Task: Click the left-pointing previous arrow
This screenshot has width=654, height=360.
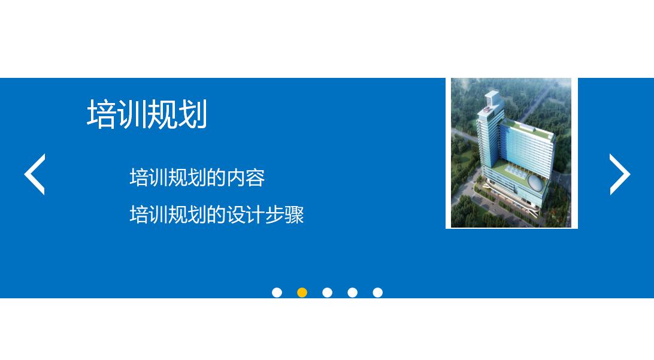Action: pyautogui.click(x=35, y=174)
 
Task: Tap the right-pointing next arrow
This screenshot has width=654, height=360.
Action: pyautogui.click(x=619, y=174)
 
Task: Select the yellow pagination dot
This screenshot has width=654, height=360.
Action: pyautogui.click(x=302, y=292)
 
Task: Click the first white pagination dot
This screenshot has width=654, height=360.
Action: pyautogui.click(x=277, y=292)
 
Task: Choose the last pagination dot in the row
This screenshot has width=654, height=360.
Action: pyautogui.click(x=377, y=292)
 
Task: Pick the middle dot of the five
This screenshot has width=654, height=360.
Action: pyautogui.click(x=327, y=292)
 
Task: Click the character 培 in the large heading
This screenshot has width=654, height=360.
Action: pyautogui.click(x=102, y=114)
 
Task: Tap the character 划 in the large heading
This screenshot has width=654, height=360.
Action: pyautogui.click(x=193, y=114)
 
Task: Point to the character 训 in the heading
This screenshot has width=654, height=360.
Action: pyautogui.click(x=132, y=114)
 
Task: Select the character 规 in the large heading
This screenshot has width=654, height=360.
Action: pyautogui.click(x=162, y=114)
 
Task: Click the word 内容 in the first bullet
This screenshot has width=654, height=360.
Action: pyautogui.click(x=245, y=178)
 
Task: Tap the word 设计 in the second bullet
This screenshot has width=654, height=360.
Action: pyautogui.click(x=245, y=214)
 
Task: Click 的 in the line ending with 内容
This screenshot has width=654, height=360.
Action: pyautogui.click(x=216, y=178)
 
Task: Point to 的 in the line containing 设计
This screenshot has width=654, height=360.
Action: pyautogui.click(x=216, y=214)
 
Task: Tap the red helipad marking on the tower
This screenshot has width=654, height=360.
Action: pyautogui.click(x=486, y=110)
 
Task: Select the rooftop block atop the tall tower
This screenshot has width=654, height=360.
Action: pyautogui.click(x=492, y=98)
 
